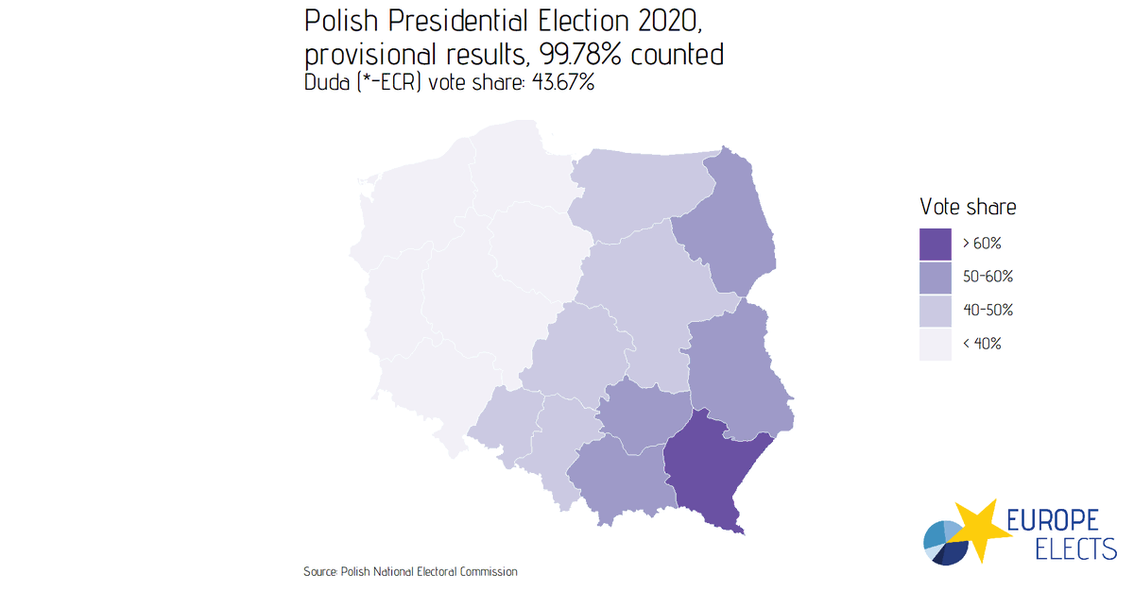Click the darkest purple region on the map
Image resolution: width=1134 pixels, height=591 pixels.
click(709, 472)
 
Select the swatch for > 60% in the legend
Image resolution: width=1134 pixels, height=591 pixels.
click(935, 244)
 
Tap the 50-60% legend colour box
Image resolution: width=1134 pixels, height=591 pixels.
click(935, 277)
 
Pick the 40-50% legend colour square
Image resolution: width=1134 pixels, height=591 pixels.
click(935, 310)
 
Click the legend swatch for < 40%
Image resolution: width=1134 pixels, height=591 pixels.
click(935, 344)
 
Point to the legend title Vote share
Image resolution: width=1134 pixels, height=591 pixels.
click(968, 207)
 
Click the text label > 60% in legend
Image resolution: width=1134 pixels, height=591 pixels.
click(982, 244)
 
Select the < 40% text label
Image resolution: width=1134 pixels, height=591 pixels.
click(982, 344)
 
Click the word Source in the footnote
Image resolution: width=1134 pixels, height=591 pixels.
click(319, 572)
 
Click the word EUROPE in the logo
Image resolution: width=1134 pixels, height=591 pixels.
click(1051, 520)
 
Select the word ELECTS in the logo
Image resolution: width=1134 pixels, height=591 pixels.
click(1063, 549)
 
